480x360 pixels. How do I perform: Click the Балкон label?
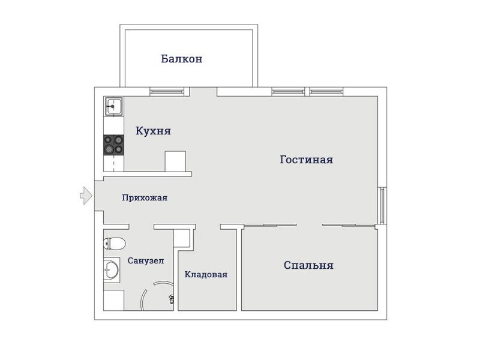[x=182, y=58]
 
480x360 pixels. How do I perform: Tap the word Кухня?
[x=153, y=131]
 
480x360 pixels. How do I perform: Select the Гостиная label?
[x=307, y=160]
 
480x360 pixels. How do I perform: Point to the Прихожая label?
[x=145, y=197]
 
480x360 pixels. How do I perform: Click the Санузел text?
[x=146, y=260]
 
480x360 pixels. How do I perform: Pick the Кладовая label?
[x=206, y=274]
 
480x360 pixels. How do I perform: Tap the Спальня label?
[x=308, y=265]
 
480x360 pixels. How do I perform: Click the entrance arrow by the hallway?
[x=86, y=196]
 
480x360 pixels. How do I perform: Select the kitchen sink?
[x=114, y=106]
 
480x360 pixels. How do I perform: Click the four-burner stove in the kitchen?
[x=114, y=145]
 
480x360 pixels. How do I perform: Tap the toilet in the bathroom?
[x=115, y=244]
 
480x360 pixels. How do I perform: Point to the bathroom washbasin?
[x=112, y=269]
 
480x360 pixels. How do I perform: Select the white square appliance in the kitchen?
[x=175, y=161]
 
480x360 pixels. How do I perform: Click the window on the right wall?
[x=382, y=205]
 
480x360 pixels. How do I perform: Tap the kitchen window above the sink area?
[x=167, y=92]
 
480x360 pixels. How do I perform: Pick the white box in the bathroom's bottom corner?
[x=113, y=301]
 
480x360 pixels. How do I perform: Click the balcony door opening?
[x=203, y=92]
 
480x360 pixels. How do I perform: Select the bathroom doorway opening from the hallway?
[x=141, y=227]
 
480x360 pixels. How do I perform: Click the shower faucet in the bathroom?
[x=172, y=299]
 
